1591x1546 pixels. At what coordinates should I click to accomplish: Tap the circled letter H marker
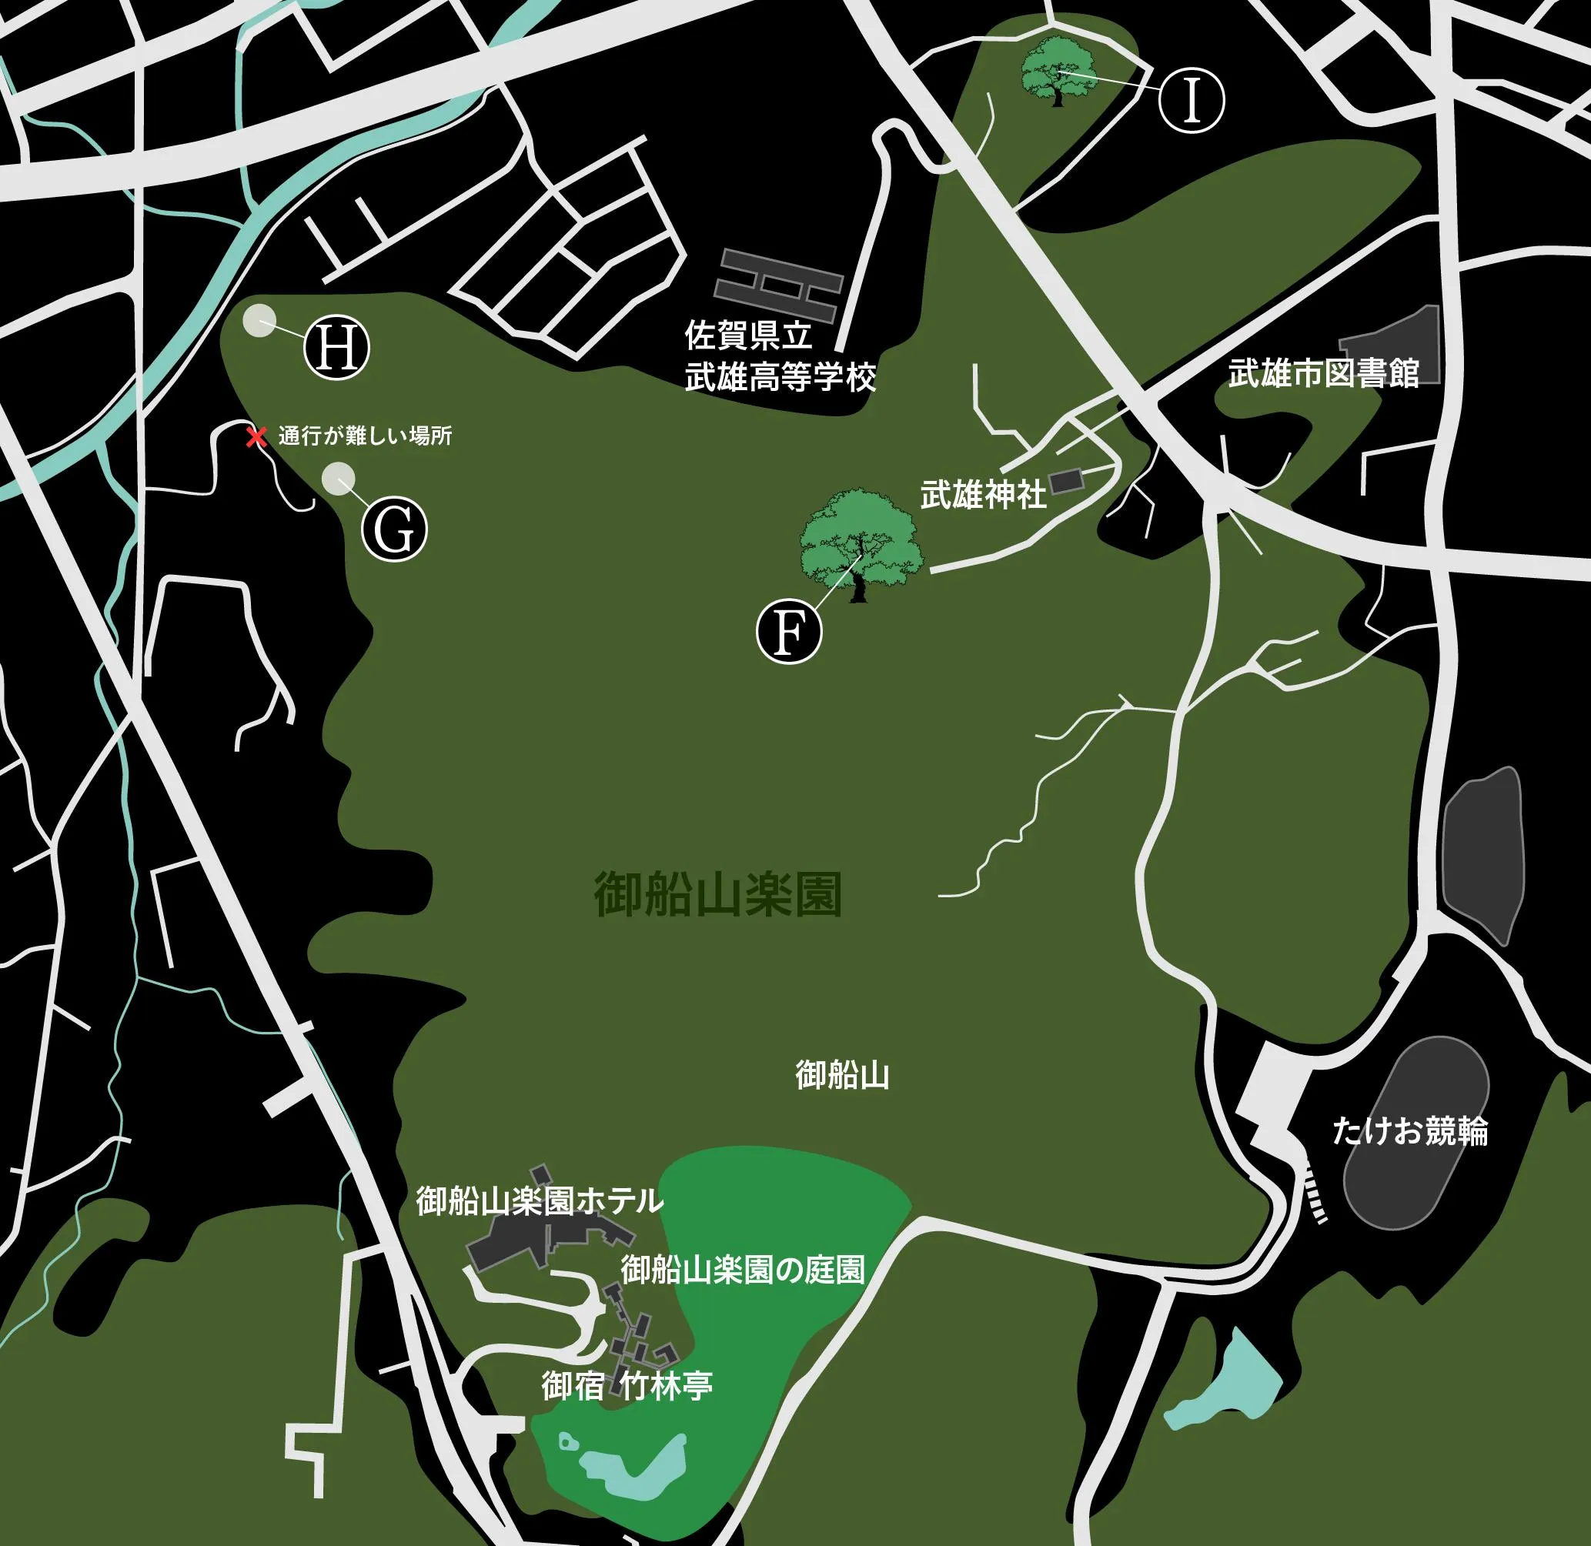pyautogui.click(x=336, y=349)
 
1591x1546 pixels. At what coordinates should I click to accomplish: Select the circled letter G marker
pyautogui.click(x=394, y=529)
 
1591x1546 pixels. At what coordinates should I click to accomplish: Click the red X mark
pyautogui.click(x=256, y=438)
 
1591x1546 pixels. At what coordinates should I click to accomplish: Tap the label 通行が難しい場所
pyautogui.click(x=365, y=437)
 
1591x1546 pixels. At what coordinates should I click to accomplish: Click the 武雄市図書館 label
pyautogui.click(x=1323, y=372)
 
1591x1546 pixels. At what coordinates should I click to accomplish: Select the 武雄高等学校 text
pyautogui.click(x=780, y=378)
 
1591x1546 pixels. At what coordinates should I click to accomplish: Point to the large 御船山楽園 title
pyautogui.click(x=718, y=895)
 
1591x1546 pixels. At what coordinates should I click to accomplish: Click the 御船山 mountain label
pyautogui.click(x=842, y=1075)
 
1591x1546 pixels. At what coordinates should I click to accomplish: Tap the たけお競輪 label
pyautogui.click(x=1410, y=1131)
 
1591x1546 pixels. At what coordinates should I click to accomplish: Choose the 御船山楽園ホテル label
pyautogui.click(x=540, y=1201)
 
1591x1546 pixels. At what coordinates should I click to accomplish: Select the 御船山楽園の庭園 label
pyautogui.click(x=742, y=1270)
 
